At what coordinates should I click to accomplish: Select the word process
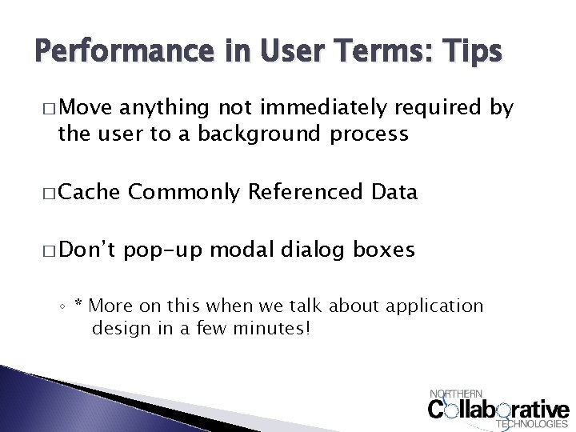(370, 133)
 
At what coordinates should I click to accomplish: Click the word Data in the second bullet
(396, 192)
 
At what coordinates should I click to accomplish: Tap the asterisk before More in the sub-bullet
(78, 304)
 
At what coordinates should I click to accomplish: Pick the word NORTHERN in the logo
(456, 394)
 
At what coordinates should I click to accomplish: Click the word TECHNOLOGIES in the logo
(533, 424)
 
